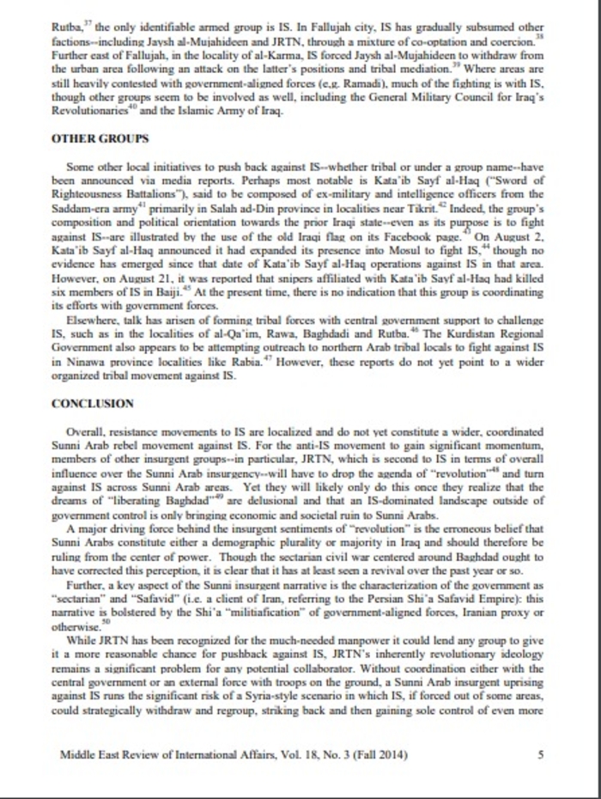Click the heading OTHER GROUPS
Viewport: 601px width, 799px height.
click(x=100, y=137)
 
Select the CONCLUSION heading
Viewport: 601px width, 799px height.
click(x=93, y=403)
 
